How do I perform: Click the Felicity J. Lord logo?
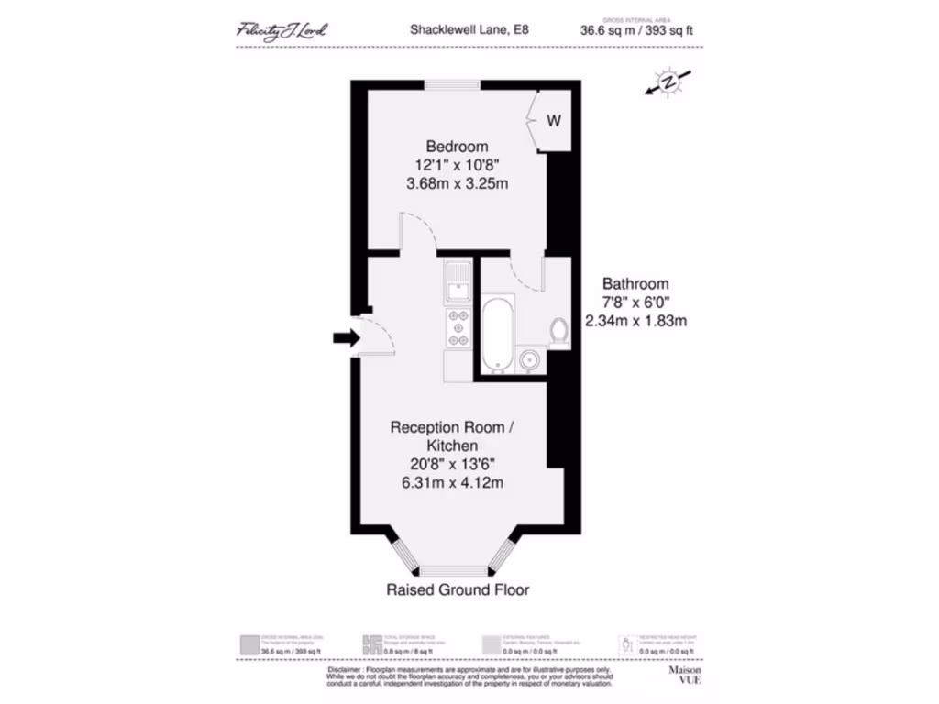tap(282, 30)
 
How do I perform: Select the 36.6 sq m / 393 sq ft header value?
tap(636, 30)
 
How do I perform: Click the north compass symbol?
tap(669, 82)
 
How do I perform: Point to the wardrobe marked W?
tap(554, 120)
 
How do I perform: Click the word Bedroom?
tap(457, 147)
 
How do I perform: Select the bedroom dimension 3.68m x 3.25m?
tap(457, 183)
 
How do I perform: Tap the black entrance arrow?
tap(345, 338)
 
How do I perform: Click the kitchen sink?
tap(457, 281)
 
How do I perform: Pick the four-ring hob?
tap(457, 328)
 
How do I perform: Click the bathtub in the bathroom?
tap(496, 335)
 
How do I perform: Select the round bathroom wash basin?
tap(530, 360)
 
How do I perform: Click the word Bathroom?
tap(635, 284)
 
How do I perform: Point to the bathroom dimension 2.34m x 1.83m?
tap(635, 321)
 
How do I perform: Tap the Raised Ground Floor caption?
tap(458, 589)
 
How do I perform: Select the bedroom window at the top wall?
tap(452, 85)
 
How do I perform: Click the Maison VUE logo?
tap(682, 676)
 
